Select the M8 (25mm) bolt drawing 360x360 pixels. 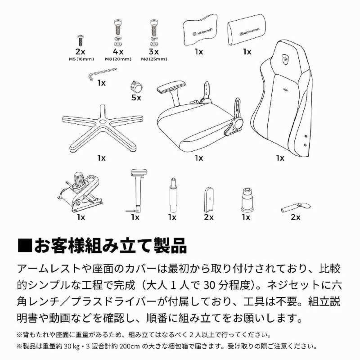153,31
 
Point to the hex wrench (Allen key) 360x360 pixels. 101,74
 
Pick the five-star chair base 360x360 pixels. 101,129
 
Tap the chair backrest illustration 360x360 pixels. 281,99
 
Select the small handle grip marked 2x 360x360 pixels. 295,207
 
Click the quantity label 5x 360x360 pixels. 135,97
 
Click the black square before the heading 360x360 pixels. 26,246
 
